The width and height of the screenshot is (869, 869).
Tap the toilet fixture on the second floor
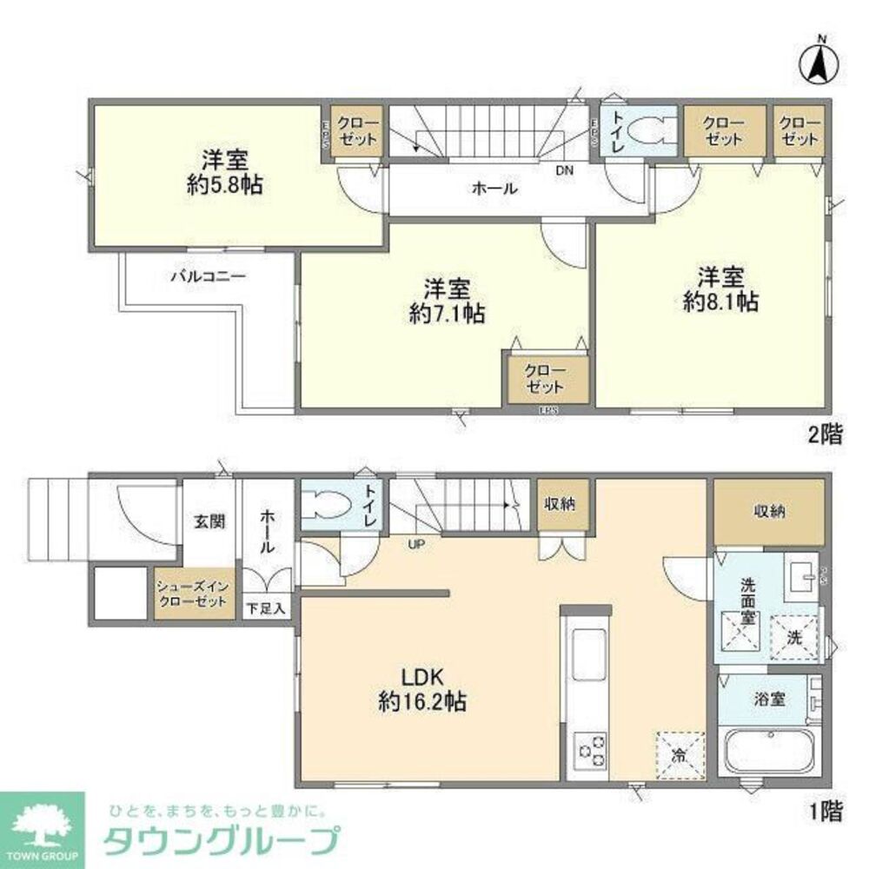646,131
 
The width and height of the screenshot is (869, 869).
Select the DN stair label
565,170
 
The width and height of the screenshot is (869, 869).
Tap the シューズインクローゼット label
194,595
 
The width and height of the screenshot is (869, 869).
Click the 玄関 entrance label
209,521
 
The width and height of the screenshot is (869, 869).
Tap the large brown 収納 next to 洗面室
768,513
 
